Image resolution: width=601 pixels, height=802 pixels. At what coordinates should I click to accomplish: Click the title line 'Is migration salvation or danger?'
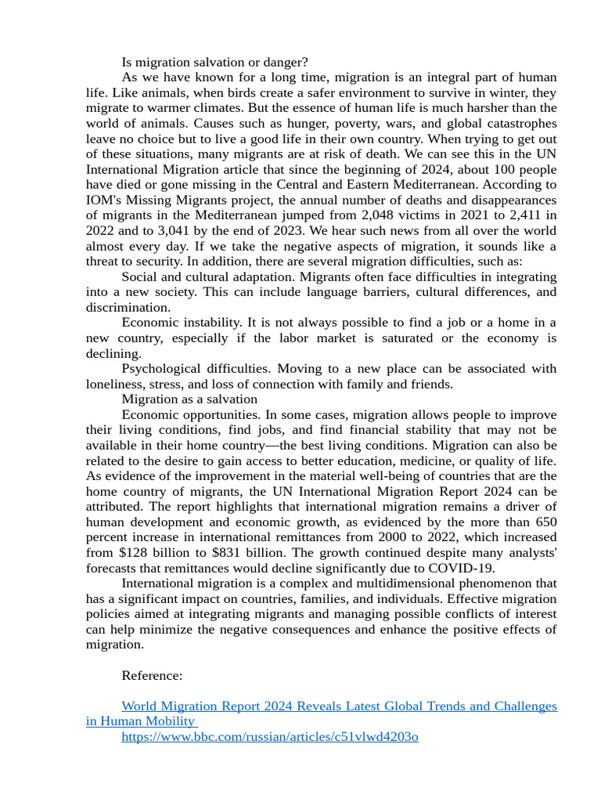click(x=214, y=62)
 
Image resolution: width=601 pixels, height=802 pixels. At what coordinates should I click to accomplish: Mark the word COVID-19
click(x=466, y=568)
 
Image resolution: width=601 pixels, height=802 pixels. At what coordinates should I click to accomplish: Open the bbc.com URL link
click(x=270, y=737)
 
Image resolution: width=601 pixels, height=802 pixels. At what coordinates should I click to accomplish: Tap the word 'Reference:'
click(x=152, y=675)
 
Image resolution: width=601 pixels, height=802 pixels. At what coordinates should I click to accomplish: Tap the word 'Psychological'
click(x=160, y=369)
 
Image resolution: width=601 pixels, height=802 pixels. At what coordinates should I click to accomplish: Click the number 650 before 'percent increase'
click(x=545, y=522)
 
